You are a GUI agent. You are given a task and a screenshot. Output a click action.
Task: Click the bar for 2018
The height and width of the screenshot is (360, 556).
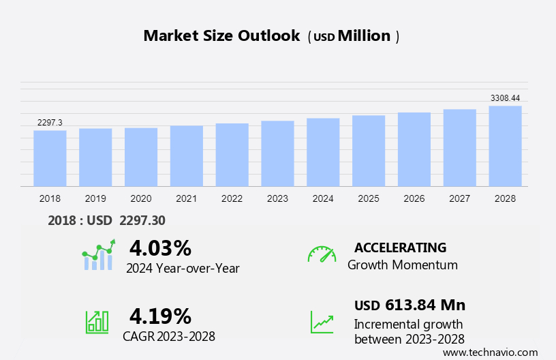tap(50, 158)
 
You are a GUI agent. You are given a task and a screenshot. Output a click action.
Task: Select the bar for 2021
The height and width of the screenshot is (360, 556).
tap(187, 156)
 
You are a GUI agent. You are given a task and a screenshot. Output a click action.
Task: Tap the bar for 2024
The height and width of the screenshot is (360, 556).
tap(323, 152)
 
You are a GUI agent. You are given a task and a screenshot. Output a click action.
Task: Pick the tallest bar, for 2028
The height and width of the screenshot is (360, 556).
tap(505, 146)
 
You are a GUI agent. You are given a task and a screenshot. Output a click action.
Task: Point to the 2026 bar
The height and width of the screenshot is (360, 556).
tap(414, 149)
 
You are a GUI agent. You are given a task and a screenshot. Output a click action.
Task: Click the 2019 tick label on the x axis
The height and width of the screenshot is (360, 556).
tap(95, 198)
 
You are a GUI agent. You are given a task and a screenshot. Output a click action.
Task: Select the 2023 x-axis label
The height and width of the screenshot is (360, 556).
tap(277, 198)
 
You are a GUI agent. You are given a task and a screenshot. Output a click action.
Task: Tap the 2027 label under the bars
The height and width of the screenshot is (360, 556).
tap(459, 198)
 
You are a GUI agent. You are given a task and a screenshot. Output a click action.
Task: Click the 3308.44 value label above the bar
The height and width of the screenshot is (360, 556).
tap(505, 98)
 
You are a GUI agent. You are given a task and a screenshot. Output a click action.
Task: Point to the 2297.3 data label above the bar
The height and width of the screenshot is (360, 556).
tap(50, 123)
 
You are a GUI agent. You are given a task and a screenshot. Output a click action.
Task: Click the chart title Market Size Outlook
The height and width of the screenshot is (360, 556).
tap(221, 36)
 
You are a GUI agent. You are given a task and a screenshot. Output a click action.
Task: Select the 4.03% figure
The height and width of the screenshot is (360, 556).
tap(160, 247)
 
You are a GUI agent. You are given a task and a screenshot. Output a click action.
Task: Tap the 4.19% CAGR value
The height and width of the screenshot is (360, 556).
tap(160, 316)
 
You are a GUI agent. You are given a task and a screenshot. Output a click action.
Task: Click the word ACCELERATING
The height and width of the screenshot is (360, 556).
tap(401, 247)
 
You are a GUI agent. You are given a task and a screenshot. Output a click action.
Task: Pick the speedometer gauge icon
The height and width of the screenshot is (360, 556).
tap(322, 254)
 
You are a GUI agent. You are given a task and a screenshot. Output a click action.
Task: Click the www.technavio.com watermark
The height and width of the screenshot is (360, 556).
tap(490, 352)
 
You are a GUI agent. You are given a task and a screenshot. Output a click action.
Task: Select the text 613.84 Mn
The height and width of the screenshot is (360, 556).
tap(425, 305)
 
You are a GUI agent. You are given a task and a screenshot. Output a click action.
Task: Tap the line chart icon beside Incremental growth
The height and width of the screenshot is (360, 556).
tap(322, 322)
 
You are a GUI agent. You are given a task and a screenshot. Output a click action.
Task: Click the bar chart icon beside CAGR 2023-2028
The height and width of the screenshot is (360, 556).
tap(96, 322)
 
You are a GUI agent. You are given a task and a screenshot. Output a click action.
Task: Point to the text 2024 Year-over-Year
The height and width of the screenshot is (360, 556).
tap(183, 268)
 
